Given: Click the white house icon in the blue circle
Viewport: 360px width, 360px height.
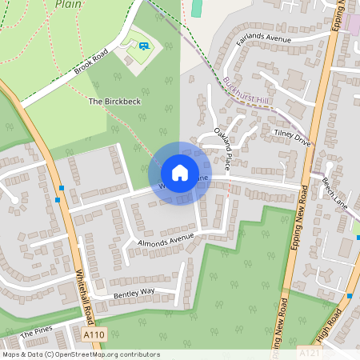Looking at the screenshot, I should coord(180,172).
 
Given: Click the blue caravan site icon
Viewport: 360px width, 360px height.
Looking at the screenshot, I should coord(143,47).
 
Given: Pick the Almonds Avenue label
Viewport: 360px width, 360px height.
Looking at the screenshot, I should coord(166,238).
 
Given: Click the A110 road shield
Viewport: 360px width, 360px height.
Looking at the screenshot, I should coord(94,334).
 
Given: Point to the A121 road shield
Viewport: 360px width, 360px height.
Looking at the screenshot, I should coord(309,352).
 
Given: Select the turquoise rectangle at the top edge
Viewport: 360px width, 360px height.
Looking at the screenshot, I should coord(197,7).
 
